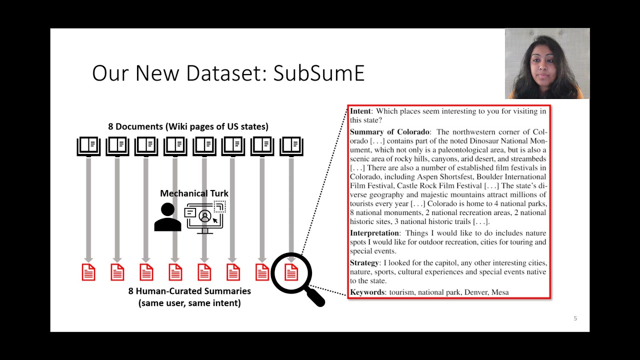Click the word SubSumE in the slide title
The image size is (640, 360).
[319, 73]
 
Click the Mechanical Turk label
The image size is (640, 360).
[194, 193]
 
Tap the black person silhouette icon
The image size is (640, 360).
[167, 217]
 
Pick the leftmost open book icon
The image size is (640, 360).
[88, 146]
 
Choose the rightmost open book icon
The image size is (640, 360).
[291, 146]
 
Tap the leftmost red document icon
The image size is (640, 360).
[88, 272]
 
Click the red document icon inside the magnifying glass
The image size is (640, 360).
[291, 272]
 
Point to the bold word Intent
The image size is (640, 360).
[360, 111]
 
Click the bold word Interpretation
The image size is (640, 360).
[374, 233]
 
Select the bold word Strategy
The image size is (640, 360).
[364, 263]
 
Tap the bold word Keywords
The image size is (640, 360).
[367, 292]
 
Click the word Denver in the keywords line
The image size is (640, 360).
[475, 292]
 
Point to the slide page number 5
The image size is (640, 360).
[575, 318]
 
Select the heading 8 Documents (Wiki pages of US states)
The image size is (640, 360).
[188, 126]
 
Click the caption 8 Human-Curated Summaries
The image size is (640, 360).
[189, 291]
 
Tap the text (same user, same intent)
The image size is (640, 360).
[189, 303]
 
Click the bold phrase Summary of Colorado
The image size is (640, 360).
[389, 132]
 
